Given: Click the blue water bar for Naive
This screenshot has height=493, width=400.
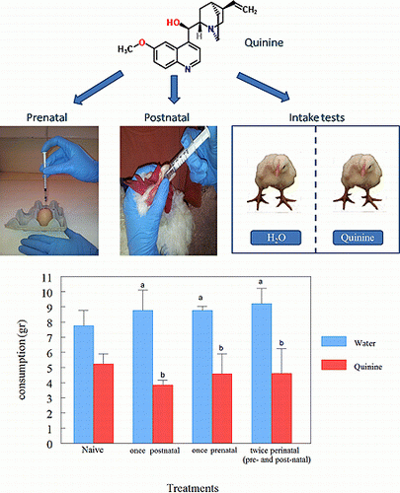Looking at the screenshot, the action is [x=84, y=385].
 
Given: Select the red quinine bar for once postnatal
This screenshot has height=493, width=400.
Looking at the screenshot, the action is [x=163, y=414].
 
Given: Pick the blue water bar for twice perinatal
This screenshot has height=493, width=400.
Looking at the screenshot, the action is [x=262, y=374].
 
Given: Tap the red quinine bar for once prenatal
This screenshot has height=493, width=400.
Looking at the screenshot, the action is [x=222, y=408].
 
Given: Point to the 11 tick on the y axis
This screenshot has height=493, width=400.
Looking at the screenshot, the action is [x=46, y=278].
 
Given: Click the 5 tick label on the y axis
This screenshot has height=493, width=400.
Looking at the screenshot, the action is [x=49, y=368].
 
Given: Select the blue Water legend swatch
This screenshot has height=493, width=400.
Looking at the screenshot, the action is [x=334, y=341].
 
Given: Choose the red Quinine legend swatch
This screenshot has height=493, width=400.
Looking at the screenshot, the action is [x=334, y=365].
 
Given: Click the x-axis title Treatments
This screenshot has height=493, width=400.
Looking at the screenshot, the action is [x=193, y=488].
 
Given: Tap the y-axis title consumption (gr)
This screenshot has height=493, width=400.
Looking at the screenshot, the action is [x=22, y=360].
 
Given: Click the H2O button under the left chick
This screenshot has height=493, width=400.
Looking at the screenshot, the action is [x=276, y=238].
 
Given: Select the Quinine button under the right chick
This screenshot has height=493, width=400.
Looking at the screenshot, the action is [x=358, y=238].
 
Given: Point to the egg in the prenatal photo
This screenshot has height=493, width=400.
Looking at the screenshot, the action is [x=44, y=216].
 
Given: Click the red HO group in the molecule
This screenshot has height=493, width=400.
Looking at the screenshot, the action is [x=173, y=23].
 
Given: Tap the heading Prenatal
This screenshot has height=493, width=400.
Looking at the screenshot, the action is [x=46, y=117].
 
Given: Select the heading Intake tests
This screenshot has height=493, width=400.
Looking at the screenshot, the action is [x=317, y=117].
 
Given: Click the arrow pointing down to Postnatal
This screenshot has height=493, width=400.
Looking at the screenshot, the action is [x=174, y=89].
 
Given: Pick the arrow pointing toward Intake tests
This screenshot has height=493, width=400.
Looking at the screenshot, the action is [x=264, y=86].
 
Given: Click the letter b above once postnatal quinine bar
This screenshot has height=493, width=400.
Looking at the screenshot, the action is [x=162, y=375].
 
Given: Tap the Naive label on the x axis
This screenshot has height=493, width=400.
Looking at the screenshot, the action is [x=93, y=450].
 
